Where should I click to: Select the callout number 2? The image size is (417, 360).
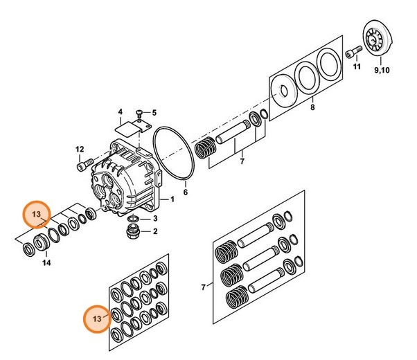coord(154,231)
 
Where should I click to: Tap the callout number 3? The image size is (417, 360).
coord(154,219)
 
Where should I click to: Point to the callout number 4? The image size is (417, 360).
coord(120,111)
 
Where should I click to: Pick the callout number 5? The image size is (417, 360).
coord(154,113)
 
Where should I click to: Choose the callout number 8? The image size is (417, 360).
coord(312,109)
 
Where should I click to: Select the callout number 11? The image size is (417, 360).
coord(357,67)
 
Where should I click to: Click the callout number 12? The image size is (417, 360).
coord(80,149)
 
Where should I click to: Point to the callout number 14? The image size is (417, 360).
coord(46,263)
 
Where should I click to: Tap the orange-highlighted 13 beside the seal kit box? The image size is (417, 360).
coord(96,318)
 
